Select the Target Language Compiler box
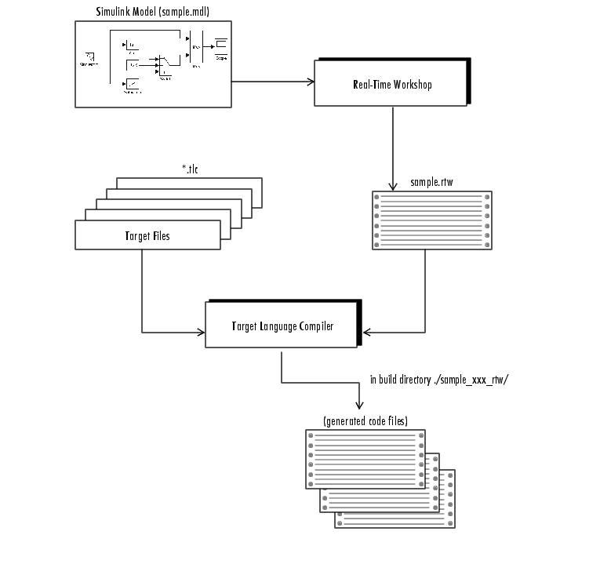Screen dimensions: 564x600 (x=282, y=325)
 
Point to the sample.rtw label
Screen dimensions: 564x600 (x=431, y=183)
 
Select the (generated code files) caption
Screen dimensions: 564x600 (x=365, y=421)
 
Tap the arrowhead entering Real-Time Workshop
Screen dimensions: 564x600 (x=311, y=82)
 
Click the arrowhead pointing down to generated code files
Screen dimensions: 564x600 (x=359, y=406)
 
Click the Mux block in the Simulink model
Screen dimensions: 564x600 (x=195, y=47)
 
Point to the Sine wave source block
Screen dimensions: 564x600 (x=91, y=56)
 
